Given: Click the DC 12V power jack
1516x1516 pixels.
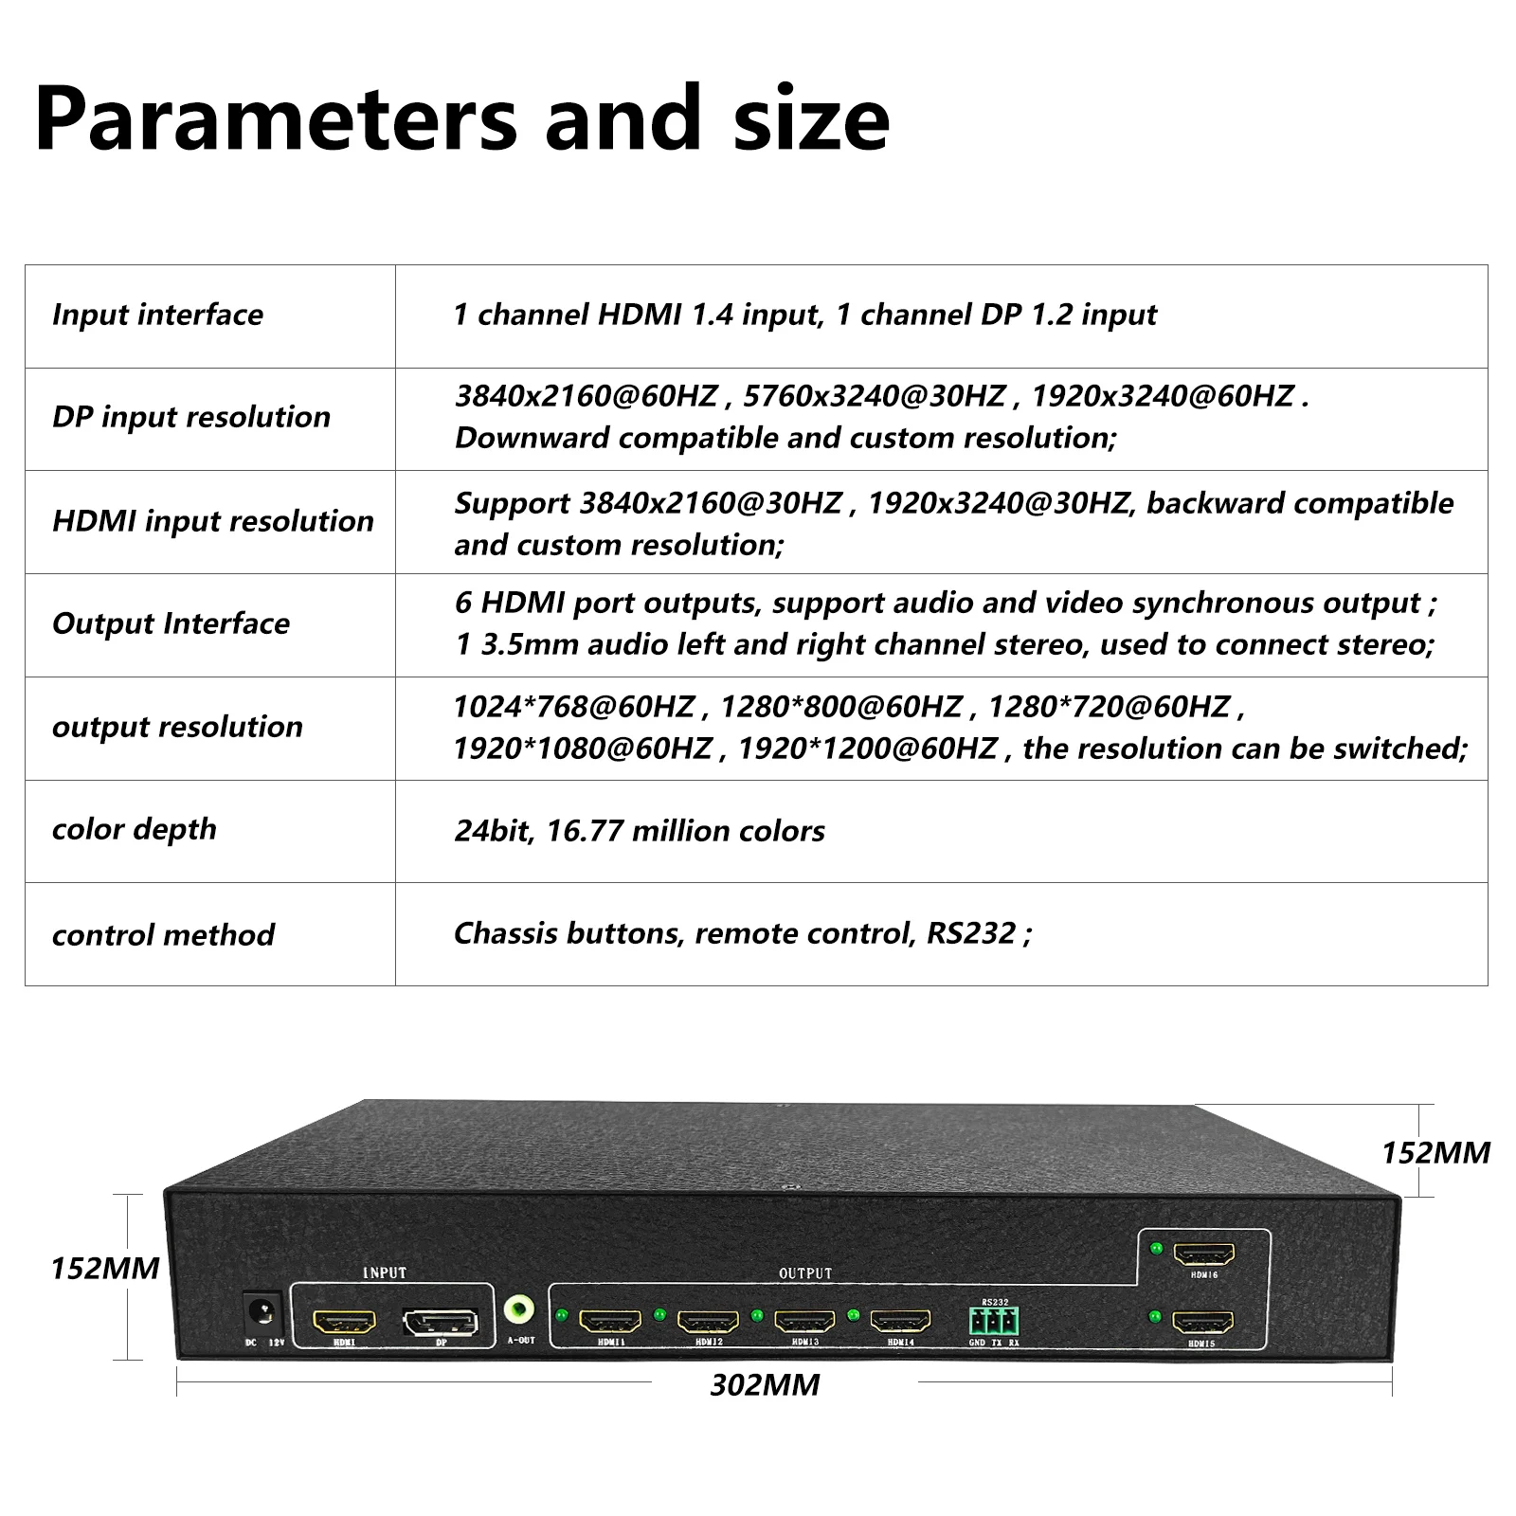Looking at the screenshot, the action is tap(261, 1312).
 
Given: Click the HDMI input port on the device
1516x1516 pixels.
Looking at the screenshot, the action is tap(344, 1320).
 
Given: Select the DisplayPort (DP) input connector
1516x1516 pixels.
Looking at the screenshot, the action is tap(441, 1322).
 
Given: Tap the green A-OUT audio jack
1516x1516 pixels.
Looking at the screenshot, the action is tap(518, 1311).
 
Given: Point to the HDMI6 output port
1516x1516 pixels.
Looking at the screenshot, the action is tap(1204, 1254).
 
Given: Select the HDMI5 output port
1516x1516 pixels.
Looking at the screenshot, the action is tap(1203, 1322).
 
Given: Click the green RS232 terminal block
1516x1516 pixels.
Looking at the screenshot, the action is tap(994, 1320).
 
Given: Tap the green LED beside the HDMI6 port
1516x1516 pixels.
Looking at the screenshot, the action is tap(1155, 1248).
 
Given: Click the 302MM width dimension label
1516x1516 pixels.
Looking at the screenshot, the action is tap(765, 1385).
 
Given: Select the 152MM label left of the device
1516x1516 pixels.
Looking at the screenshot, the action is tap(104, 1268).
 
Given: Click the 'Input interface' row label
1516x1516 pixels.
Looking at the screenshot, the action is tap(157, 315).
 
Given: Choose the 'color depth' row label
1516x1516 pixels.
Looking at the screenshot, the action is tap(134, 829).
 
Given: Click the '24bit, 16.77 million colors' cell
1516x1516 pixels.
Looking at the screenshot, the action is tap(640, 831).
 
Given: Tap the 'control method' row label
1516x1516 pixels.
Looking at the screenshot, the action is tap(163, 935).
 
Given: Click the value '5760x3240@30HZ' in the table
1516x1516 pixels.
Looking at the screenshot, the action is tap(874, 395).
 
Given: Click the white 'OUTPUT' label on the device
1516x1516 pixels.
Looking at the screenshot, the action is tap(805, 1273).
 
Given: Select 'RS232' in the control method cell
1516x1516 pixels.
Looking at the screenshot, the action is tap(971, 933).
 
